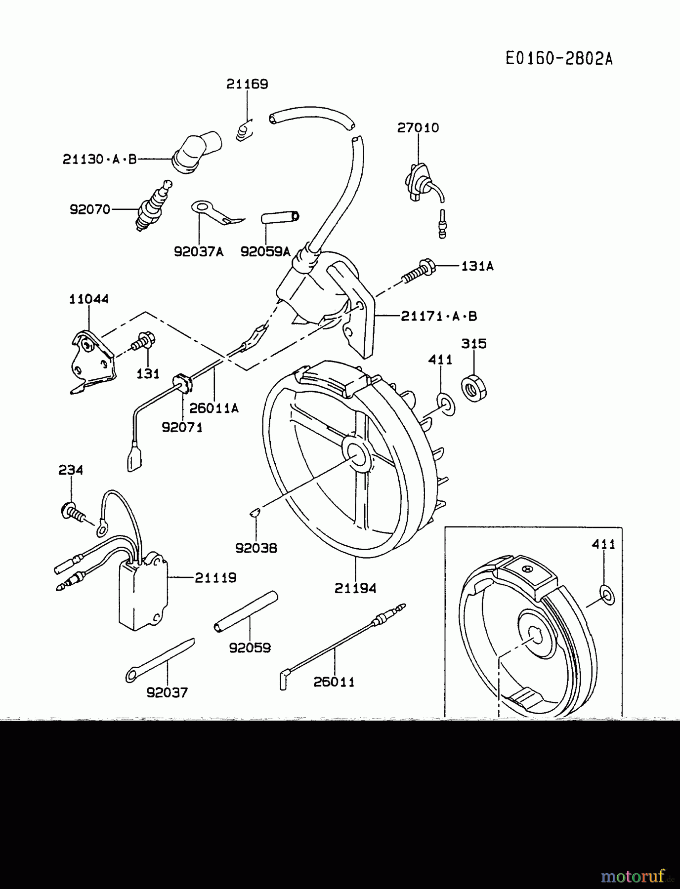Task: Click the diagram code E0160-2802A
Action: point(559,59)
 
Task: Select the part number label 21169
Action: point(247,84)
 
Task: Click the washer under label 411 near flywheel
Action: point(447,404)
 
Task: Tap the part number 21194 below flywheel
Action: point(355,588)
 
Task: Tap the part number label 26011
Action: point(334,682)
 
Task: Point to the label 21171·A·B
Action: point(439,316)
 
